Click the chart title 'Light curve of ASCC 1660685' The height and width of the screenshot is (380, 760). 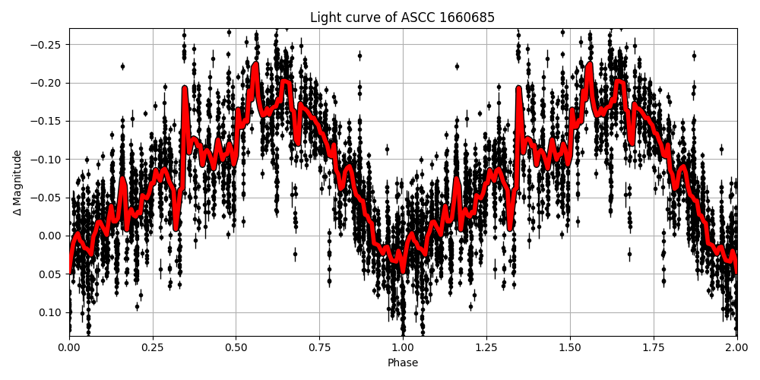403,17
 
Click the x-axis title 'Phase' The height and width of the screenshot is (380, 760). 403,363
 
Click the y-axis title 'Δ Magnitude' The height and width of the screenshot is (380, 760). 17,182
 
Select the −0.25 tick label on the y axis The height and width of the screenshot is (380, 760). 48,45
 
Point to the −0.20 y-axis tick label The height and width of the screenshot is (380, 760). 48,83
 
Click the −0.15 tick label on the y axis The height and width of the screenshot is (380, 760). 48,121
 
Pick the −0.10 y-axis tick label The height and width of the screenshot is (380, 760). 48,160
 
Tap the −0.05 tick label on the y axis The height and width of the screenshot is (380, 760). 48,198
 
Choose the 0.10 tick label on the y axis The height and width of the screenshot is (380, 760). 51,312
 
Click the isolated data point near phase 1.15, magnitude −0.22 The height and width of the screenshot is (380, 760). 457,66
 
